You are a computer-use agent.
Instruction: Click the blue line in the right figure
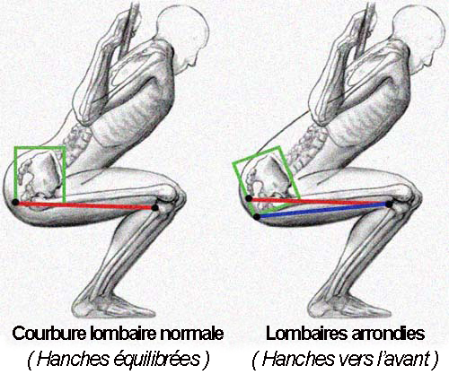click(x=322, y=211)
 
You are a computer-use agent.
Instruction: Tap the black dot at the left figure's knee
click(x=154, y=207)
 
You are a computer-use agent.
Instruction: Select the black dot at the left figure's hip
click(x=15, y=203)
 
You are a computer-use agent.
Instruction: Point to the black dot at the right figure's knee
click(x=389, y=205)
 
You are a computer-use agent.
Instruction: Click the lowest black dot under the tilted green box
click(x=257, y=217)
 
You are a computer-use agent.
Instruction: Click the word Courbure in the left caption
click(x=48, y=334)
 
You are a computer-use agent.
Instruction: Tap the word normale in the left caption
click(x=192, y=334)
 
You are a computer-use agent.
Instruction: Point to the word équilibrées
click(x=157, y=359)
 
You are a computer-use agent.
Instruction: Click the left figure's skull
click(x=186, y=29)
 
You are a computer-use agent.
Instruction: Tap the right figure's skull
click(x=420, y=29)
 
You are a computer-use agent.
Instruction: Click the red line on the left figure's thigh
click(x=85, y=205)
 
